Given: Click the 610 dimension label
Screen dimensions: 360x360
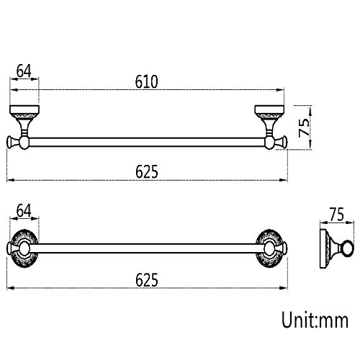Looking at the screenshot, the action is (x=146, y=81).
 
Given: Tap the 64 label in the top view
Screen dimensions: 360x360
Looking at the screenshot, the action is (x=24, y=71).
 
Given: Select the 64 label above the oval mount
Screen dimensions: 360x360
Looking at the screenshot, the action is (x=24, y=210).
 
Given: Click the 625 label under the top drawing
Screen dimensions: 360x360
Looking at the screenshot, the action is (x=147, y=171).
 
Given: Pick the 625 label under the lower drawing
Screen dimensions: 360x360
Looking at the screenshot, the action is (x=147, y=279).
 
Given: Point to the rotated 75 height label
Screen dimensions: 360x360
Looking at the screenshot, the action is (x=304, y=127).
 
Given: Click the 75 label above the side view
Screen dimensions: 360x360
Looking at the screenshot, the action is (x=337, y=215).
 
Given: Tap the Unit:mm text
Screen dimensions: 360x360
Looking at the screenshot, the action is (x=315, y=320).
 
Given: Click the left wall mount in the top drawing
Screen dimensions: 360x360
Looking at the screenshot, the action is (x=24, y=121).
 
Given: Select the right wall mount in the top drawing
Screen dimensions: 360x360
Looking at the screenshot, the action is (x=269, y=121).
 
